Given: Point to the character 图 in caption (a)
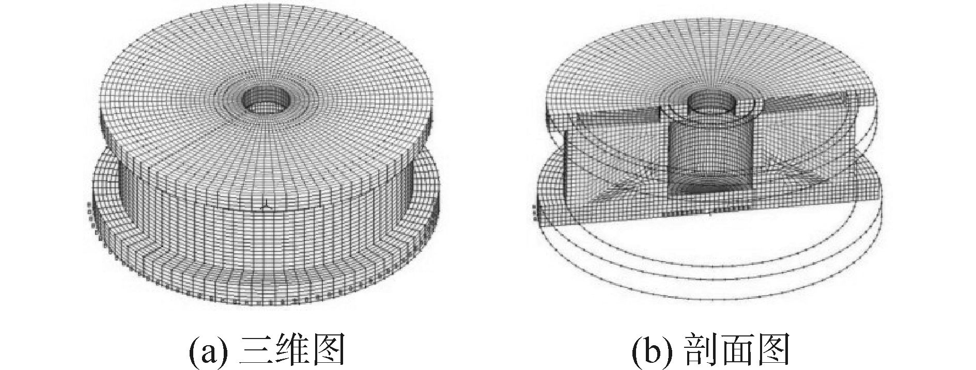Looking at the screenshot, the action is coord(328,351).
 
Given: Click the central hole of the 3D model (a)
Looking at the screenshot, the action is coord(263,98).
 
